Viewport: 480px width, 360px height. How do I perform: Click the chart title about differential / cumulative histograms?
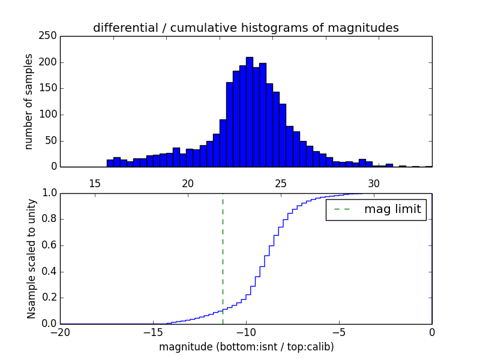point(245,28)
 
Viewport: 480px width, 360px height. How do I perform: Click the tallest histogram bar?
point(250,112)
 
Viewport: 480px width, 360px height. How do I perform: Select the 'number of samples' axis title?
point(29,101)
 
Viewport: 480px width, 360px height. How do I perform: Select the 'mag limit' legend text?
point(392,209)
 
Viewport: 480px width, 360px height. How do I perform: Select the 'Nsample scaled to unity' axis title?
point(31,258)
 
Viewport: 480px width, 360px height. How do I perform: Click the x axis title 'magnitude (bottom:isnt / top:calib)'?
point(246,347)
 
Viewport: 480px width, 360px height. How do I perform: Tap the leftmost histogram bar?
point(110,163)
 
